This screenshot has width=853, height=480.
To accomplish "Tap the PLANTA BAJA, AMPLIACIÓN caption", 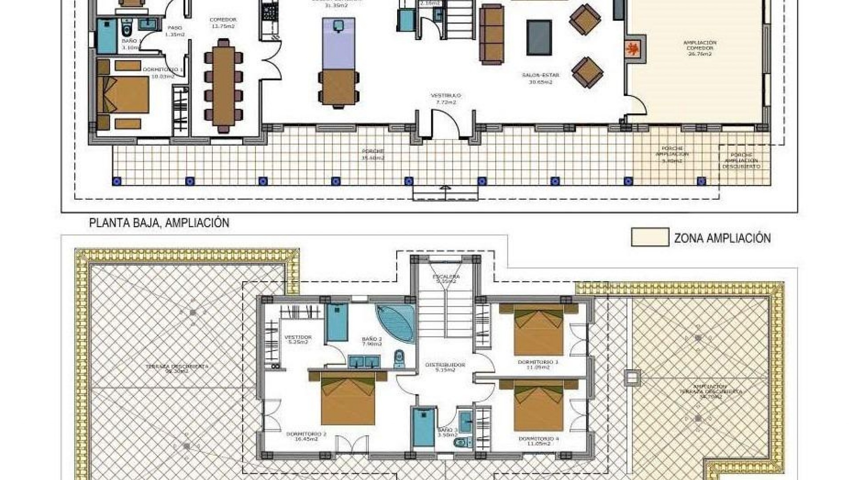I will [159, 223].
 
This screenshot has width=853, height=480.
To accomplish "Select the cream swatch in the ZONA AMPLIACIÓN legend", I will [650, 237].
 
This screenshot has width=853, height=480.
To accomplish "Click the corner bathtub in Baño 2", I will [395, 323].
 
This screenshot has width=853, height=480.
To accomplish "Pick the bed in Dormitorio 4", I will [538, 404].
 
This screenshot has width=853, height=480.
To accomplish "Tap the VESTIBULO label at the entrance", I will [446, 99].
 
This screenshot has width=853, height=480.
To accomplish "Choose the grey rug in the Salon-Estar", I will [539, 37].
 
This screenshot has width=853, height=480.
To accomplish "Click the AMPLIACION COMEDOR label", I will [699, 48].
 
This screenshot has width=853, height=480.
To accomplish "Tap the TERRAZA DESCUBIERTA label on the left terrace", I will [177, 368].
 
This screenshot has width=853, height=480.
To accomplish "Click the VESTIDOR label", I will [298, 340].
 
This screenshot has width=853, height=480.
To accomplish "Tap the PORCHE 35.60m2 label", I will [372, 154].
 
